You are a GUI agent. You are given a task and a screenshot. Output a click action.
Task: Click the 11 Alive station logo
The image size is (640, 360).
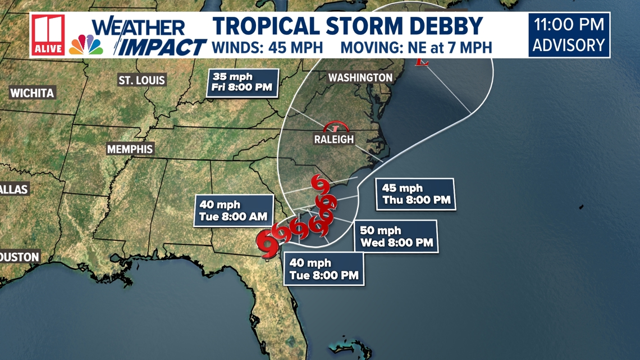tap(48, 35)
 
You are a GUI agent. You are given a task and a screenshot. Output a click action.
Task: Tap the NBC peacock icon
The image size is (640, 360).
tap(86, 44)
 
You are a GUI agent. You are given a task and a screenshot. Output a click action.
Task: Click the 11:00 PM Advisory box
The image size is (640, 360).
tap(569, 35)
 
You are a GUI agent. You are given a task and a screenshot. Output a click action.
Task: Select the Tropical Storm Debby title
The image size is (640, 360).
tap(348, 26)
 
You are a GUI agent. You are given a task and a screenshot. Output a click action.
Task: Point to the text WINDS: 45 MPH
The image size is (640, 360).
tap(267, 47)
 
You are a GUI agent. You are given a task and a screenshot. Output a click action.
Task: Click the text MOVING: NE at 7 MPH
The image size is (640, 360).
tap(416, 47)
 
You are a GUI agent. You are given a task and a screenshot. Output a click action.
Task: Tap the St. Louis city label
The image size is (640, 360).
tap(141, 80)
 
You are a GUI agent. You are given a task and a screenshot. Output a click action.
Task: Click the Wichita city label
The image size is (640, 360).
tap(32, 93)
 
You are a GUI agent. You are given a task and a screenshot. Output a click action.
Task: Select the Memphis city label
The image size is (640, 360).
tap(130, 149)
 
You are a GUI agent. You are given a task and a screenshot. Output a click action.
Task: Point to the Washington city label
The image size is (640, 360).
tap(360, 78)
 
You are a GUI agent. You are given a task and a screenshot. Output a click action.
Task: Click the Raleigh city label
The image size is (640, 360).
tap(334, 139)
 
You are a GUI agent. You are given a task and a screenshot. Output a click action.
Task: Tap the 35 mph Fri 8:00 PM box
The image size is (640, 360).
tap(243, 82)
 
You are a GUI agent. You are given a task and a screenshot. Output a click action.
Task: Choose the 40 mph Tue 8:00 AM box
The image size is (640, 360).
tap(233, 211)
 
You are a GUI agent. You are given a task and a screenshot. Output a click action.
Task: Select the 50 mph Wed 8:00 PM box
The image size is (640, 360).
tap(396, 236)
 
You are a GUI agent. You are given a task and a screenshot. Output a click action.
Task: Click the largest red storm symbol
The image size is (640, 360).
tap(268, 241)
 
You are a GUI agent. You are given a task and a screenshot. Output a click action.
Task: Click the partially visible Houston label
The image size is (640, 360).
tap(20, 257)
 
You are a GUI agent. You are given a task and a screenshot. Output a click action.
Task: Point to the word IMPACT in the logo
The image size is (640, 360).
tap(164, 47)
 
